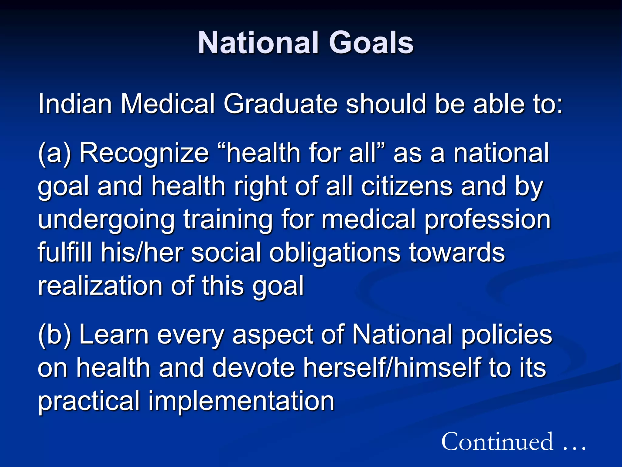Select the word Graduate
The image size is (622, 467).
[x=281, y=104]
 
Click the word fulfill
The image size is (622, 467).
[x=65, y=252]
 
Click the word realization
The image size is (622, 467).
[x=100, y=286]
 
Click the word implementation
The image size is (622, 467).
[x=241, y=401]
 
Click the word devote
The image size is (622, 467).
[x=254, y=368]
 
